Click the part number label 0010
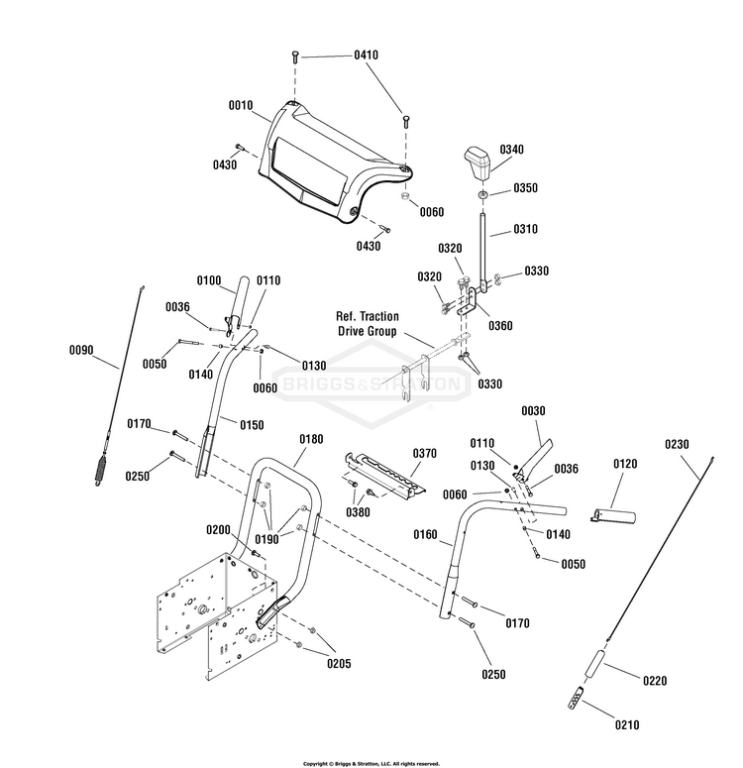point(241,105)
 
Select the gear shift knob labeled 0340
point(478,164)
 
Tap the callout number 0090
point(81,350)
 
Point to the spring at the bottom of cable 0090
point(101,470)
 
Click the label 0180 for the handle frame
point(311,439)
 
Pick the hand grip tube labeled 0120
point(612,515)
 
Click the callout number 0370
point(425,454)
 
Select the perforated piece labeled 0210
point(576,698)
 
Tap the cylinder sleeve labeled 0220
point(594,664)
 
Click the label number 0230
point(677,444)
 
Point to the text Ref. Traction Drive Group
point(368,324)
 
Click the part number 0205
point(340,664)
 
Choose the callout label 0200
point(219,530)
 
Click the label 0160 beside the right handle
point(425,534)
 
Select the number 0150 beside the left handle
point(252,425)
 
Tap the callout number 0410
point(367,55)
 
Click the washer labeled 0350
point(482,195)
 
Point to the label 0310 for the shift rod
point(525,229)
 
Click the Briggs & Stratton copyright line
point(371,764)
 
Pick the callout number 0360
point(500,326)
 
